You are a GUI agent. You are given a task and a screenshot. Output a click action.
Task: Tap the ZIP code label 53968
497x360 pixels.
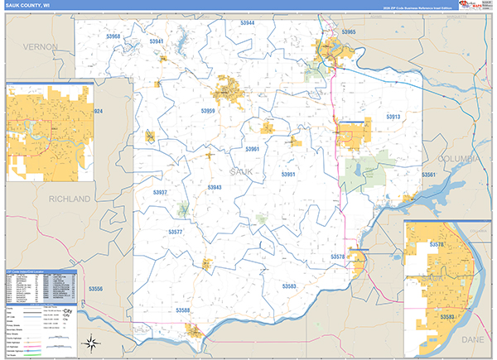pos(113,36)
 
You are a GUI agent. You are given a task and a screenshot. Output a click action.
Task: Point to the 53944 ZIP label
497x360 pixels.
pos(248,23)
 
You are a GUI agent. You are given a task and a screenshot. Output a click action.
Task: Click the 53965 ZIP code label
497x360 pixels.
pos(349,32)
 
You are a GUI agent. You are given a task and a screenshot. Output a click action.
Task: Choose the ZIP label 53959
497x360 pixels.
pos(208,110)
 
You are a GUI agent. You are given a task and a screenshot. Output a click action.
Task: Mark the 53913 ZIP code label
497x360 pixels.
pos(393,117)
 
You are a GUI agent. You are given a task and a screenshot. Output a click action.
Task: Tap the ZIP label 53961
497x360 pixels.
pos(253,149)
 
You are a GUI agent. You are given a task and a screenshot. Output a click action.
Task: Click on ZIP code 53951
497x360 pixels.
pos(288,175)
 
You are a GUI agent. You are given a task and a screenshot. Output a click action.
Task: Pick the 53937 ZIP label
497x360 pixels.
pos(160,192)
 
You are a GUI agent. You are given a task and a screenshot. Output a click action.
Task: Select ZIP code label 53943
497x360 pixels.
pos(215,188)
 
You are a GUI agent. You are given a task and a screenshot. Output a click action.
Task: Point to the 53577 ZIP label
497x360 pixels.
pos(175,233)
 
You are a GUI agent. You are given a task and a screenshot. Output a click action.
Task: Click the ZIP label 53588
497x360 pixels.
pos(183,310)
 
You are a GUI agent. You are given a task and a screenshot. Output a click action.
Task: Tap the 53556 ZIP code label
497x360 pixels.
pos(96,288)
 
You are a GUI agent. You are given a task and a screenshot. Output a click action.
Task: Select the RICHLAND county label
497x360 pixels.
pos(70,199)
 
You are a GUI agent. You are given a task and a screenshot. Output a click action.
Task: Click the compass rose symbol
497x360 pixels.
pos(93,343)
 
